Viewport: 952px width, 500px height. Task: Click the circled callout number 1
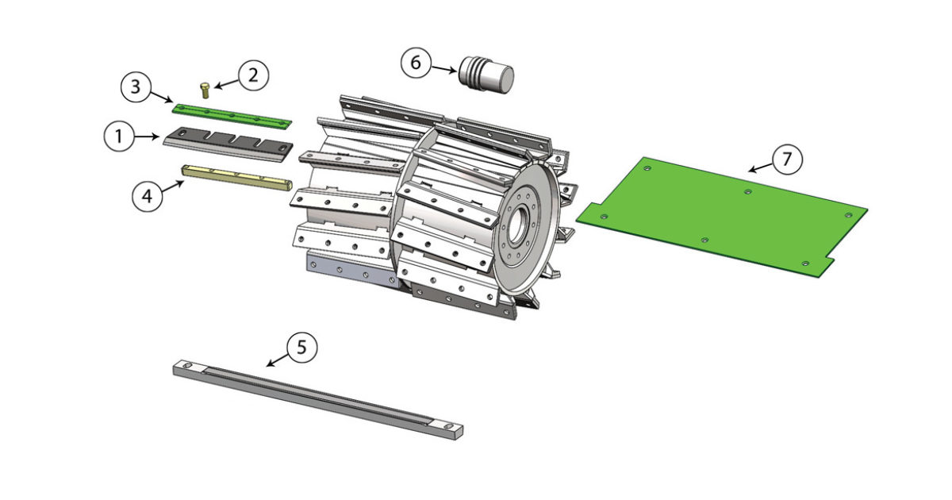click(x=119, y=136)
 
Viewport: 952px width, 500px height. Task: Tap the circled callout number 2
click(x=253, y=75)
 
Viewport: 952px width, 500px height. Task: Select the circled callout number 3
click(x=136, y=87)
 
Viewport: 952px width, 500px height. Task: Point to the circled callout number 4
click(x=147, y=196)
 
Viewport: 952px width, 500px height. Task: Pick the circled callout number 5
click(x=301, y=348)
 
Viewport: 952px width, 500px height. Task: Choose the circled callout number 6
click(x=416, y=63)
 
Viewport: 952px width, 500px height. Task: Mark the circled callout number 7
click(x=787, y=160)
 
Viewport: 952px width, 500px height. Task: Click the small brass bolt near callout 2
click(x=205, y=90)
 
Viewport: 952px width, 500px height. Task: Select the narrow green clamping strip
click(x=232, y=116)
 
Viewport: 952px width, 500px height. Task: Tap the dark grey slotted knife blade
click(x=228, y=144)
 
